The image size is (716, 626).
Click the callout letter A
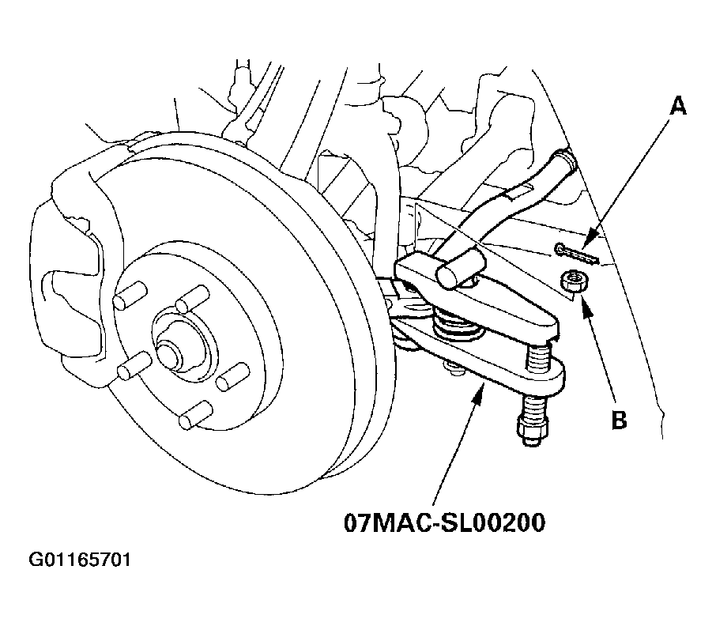point(677,107)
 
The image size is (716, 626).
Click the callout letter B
point(619,420)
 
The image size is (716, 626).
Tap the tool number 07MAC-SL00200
point(444,522)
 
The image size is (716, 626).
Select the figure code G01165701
point(80,560)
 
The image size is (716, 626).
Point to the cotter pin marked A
point(576,255)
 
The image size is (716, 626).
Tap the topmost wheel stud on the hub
point(192,298)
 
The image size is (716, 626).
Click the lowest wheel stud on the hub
point(195,415)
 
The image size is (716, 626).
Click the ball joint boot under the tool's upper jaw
point(457,325)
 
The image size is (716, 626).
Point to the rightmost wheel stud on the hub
point(233,377)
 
